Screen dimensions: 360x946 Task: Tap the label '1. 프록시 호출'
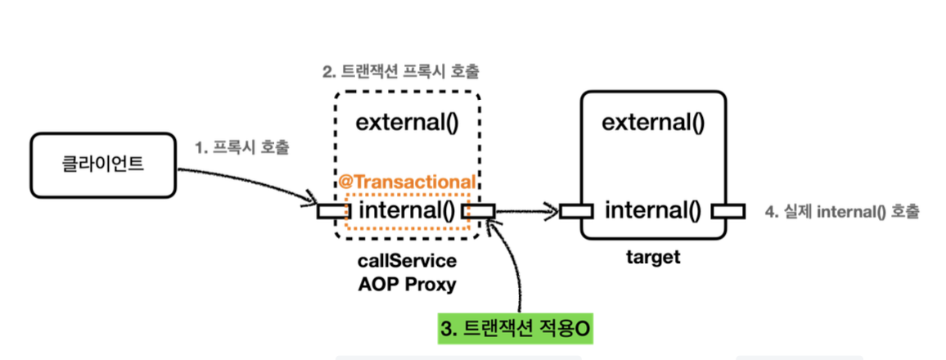pyautogui.click(x=243, y=148)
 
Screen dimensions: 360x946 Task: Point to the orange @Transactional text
pyautogui.click(x=407, y=182)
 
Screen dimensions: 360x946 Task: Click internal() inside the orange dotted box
pyautogui.click(x=407, y=211)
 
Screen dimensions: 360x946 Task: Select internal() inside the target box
pyautogui.click(x=652, y=211)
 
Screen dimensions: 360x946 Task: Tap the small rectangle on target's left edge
pyautogui.click(x=576, y=212)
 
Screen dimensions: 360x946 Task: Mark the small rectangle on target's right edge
pyautogui.click(x=728, y=212)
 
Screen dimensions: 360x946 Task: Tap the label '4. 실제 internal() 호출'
pyautogui.click(x=842, y=212)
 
